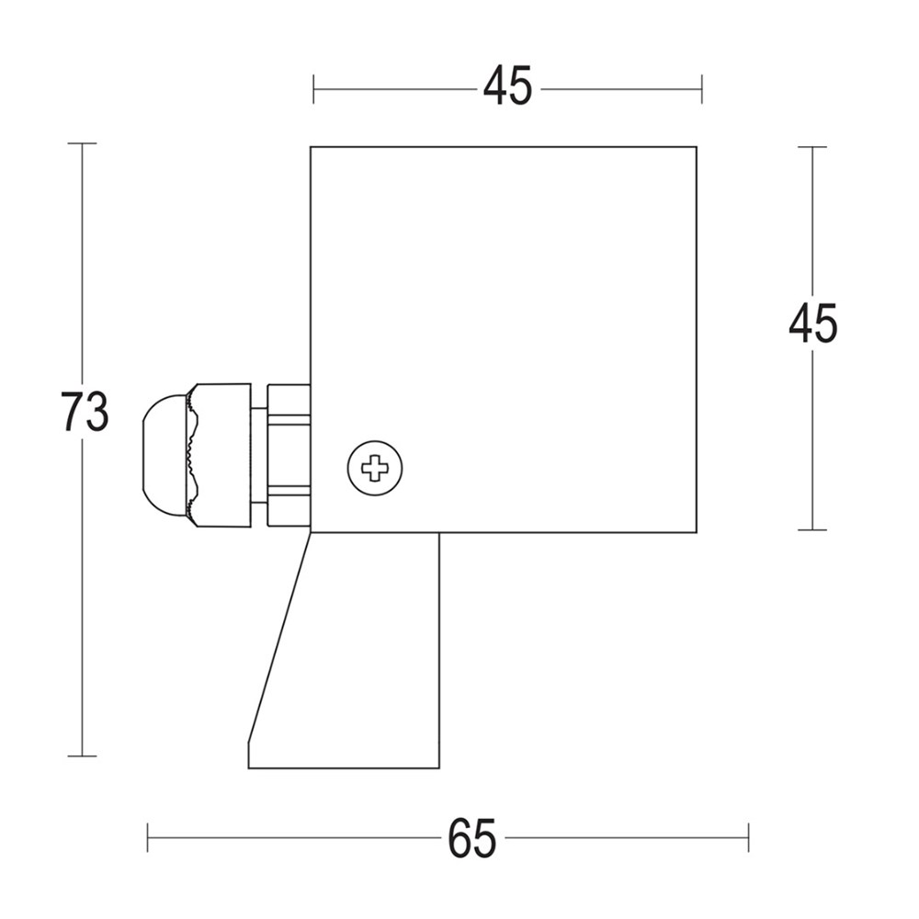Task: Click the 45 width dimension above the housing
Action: click(x=507, y=88)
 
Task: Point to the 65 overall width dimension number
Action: click(x=472, y=837)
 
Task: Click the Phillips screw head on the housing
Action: click(x=375, y=468)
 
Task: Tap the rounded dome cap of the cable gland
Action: click(x=164, y=457)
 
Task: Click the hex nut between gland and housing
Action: click(x=288, y=456)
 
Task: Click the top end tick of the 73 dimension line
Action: click(x=83, y=144)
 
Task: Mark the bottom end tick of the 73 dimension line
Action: click(x=83, y=756)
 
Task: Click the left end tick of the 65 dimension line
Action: click(x=148, y=837)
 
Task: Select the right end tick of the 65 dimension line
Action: click(x=748, y=837)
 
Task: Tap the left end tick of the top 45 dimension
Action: click(x=313, y=89)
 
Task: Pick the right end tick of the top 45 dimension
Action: click(x=702, y=89)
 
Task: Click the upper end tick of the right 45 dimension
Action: click(x=812, y=147)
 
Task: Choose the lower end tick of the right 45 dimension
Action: click(x=812, y=530)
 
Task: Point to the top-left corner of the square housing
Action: click(x=311, y=147)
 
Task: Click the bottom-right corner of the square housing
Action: click(x=696, y=532)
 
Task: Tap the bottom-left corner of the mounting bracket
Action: click(x=249, y=767)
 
